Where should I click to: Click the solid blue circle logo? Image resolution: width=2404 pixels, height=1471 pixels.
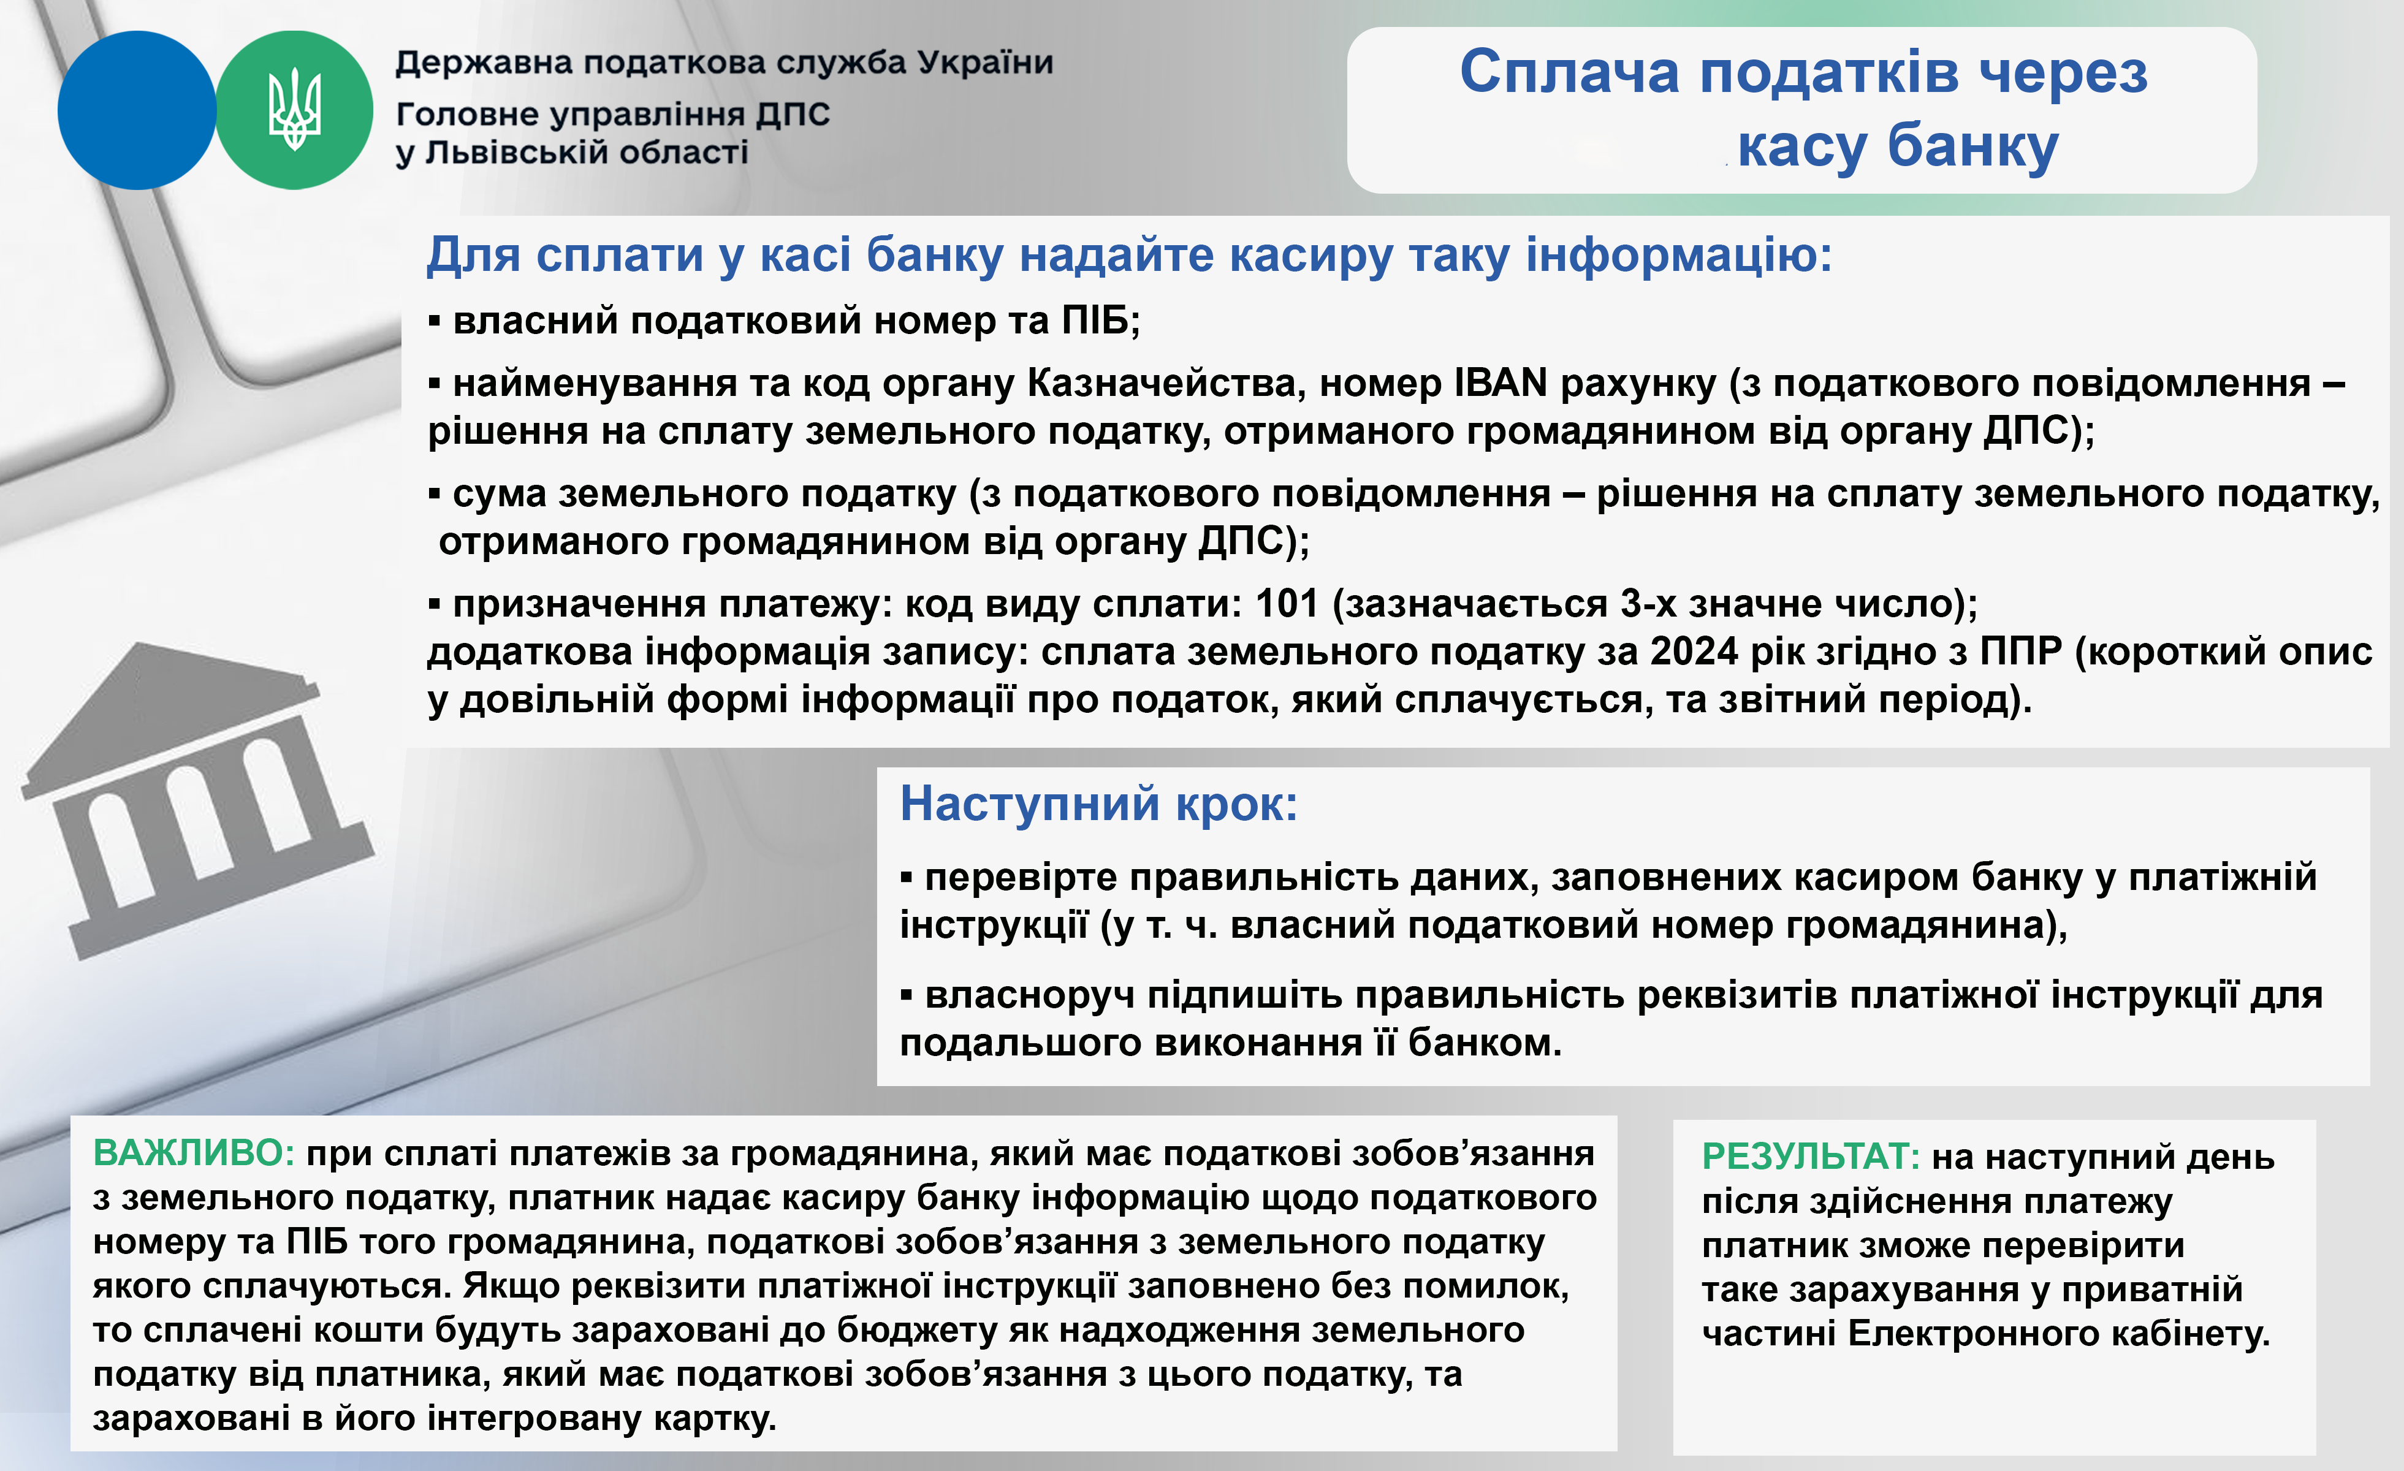coord(137,110)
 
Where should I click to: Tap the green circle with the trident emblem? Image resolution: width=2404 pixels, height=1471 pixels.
coord(294,110)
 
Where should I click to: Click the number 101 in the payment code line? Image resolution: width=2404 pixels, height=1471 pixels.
coord(1287,604)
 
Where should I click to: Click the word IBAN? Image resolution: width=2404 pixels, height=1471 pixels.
coord(1501,383)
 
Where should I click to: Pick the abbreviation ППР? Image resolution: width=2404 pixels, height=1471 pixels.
coord(2020,652)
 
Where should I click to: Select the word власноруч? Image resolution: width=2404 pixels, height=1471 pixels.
coord(1029,996)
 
